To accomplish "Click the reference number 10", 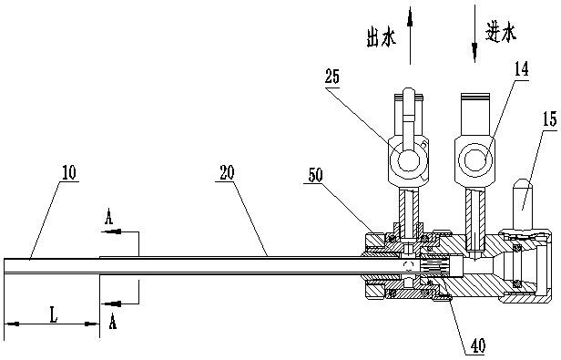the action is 69,173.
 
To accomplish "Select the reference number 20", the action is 227,172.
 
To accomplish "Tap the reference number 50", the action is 315,175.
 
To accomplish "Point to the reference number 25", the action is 332,77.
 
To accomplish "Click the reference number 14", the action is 521,69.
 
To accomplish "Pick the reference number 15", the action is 550,119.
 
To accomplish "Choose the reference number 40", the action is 478,345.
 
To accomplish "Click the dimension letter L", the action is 54,315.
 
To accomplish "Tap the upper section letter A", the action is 108,217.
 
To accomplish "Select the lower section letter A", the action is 112,321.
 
